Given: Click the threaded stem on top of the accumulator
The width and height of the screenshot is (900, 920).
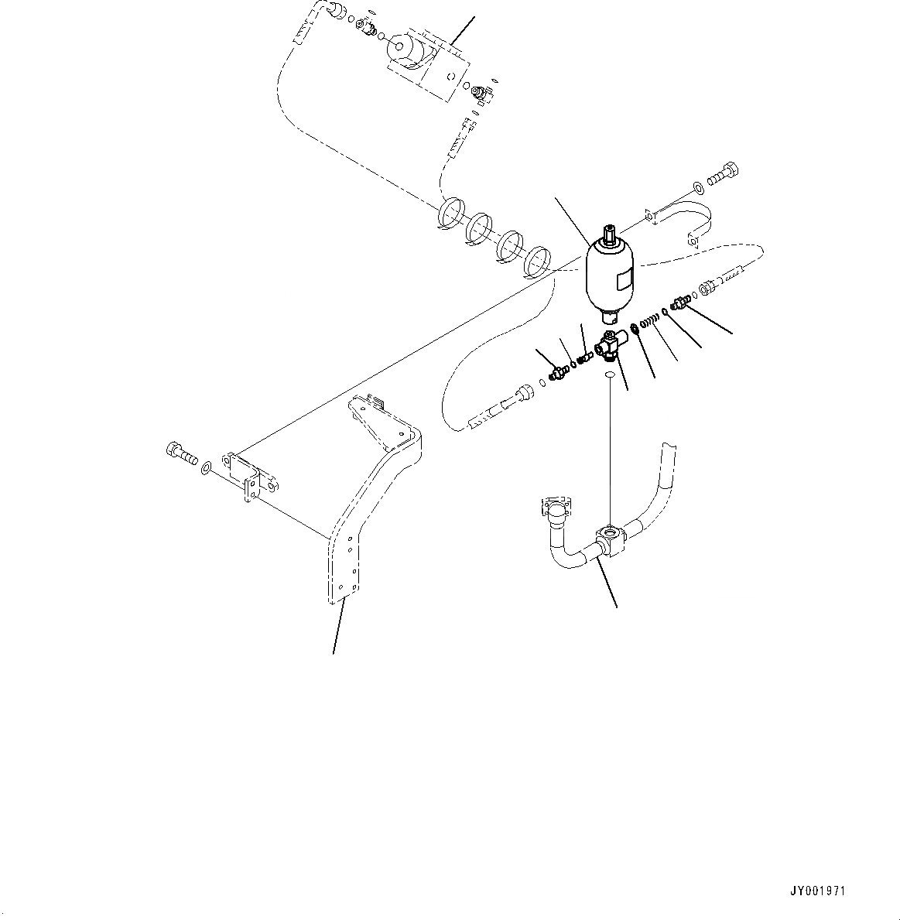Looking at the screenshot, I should [609, 232].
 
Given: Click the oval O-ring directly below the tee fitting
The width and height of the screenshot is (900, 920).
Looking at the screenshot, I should [610, 375].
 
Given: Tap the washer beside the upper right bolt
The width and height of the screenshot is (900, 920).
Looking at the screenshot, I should [699, 186].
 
